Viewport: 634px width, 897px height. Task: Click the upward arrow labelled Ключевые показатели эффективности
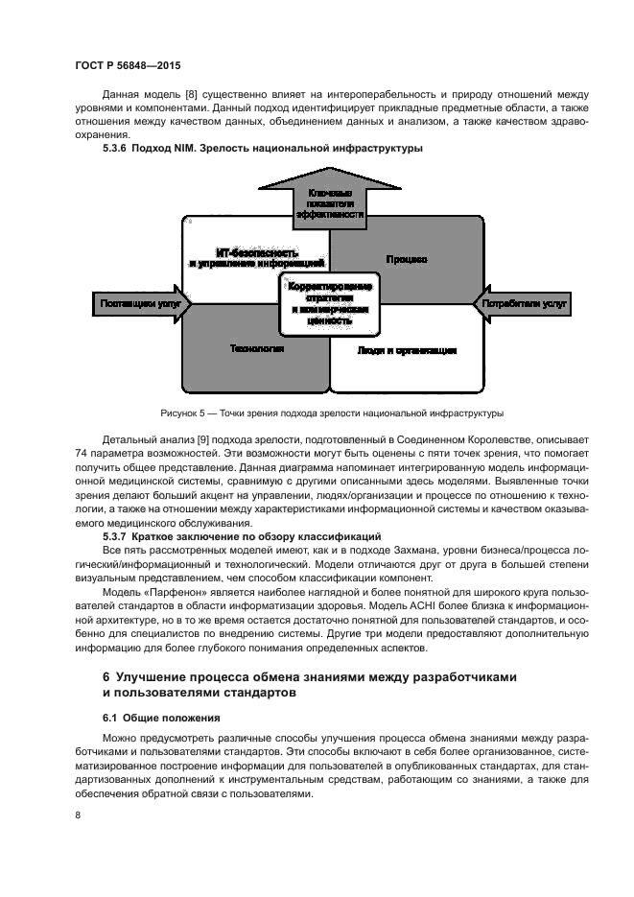tap(331, 201)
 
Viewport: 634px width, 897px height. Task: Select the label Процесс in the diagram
tap(407, 260)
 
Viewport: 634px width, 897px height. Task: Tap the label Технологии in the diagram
tap(256, 349)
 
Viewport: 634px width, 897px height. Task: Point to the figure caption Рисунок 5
tap(331, 413)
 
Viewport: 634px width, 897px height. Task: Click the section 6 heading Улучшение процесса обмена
tap(309, 684)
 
